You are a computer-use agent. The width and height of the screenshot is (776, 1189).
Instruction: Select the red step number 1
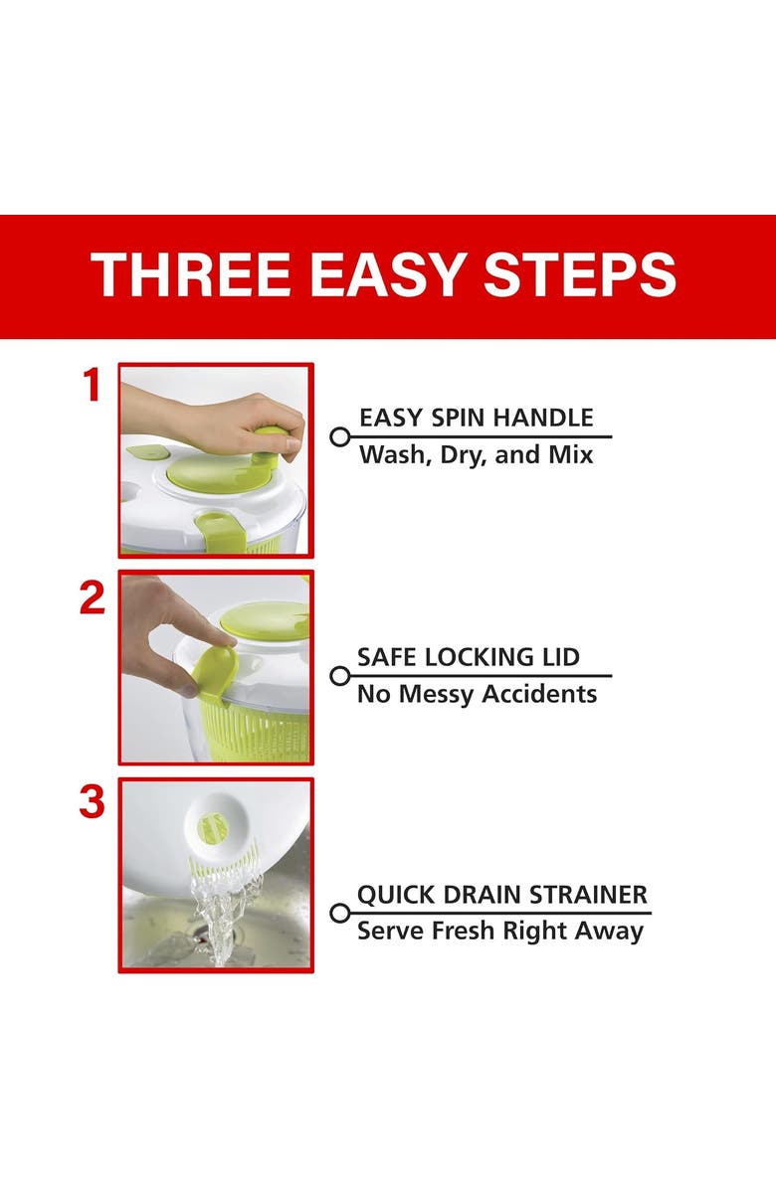click(x=93, y=387)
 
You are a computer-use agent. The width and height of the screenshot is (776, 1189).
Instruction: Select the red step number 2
click(x=93, y=597)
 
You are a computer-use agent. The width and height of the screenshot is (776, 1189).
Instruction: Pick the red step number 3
click(x=93, y=802)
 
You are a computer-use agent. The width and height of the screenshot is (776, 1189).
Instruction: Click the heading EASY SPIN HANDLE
click(x=476, y=418)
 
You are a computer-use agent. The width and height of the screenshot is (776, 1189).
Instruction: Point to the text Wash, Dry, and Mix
click(x=476, y=455)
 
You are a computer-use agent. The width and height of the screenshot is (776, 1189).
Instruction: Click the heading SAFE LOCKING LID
click(x=468, y=657)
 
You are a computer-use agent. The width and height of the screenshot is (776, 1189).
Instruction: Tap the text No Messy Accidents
click(x=477, y=694)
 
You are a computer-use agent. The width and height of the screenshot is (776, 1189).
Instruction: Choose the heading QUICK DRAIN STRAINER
click(x=502, y=895)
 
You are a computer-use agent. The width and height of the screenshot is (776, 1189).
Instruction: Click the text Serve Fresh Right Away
click(x=500, y=932)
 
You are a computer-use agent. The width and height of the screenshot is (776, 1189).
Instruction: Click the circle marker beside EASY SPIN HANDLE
click(x=339, y=436)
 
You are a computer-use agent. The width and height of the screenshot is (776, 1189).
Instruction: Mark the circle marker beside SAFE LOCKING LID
click(x=339, y=676)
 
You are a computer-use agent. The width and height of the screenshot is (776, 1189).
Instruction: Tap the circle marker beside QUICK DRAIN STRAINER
click(x=339, y=913)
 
